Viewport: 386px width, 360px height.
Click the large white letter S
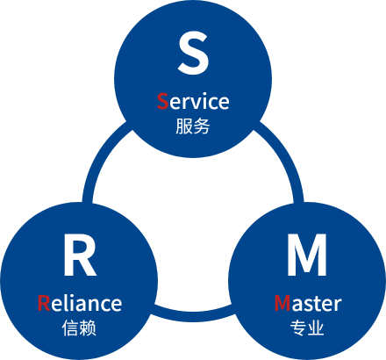193,53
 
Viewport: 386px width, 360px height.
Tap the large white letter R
80,255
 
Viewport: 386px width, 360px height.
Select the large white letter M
307,255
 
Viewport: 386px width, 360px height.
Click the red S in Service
162,101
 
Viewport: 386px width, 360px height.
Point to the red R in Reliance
44,303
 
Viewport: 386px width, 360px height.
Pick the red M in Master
282,303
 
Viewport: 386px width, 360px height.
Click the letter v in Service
191,104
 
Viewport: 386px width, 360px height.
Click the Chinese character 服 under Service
184,126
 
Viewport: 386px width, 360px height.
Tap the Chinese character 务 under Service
202,126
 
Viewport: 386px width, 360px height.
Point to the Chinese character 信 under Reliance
70,328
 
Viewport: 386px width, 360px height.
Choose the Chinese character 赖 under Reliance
88,328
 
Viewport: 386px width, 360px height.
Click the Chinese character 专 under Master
298,328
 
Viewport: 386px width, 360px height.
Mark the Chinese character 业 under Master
316,328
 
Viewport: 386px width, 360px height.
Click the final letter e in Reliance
116,305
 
